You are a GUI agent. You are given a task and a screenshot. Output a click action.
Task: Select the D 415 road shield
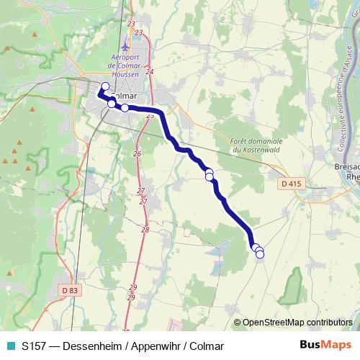pos(289,184)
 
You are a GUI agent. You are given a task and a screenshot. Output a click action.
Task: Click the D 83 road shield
pos(70,289)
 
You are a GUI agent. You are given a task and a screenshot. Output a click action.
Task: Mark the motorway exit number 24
pos(149,72)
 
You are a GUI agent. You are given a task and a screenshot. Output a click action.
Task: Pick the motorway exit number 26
pos(137,154)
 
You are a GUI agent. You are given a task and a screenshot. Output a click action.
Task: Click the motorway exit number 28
pos(145,230)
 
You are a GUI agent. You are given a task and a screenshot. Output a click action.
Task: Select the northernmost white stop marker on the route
pos(105,87)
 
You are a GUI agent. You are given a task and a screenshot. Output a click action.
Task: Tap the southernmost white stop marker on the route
pos(260,254)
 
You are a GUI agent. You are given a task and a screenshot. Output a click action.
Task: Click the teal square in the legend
pos(10,346)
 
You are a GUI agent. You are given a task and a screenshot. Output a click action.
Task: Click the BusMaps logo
pos(325,345)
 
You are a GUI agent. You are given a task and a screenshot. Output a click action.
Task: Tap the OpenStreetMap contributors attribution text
pos(297,323)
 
